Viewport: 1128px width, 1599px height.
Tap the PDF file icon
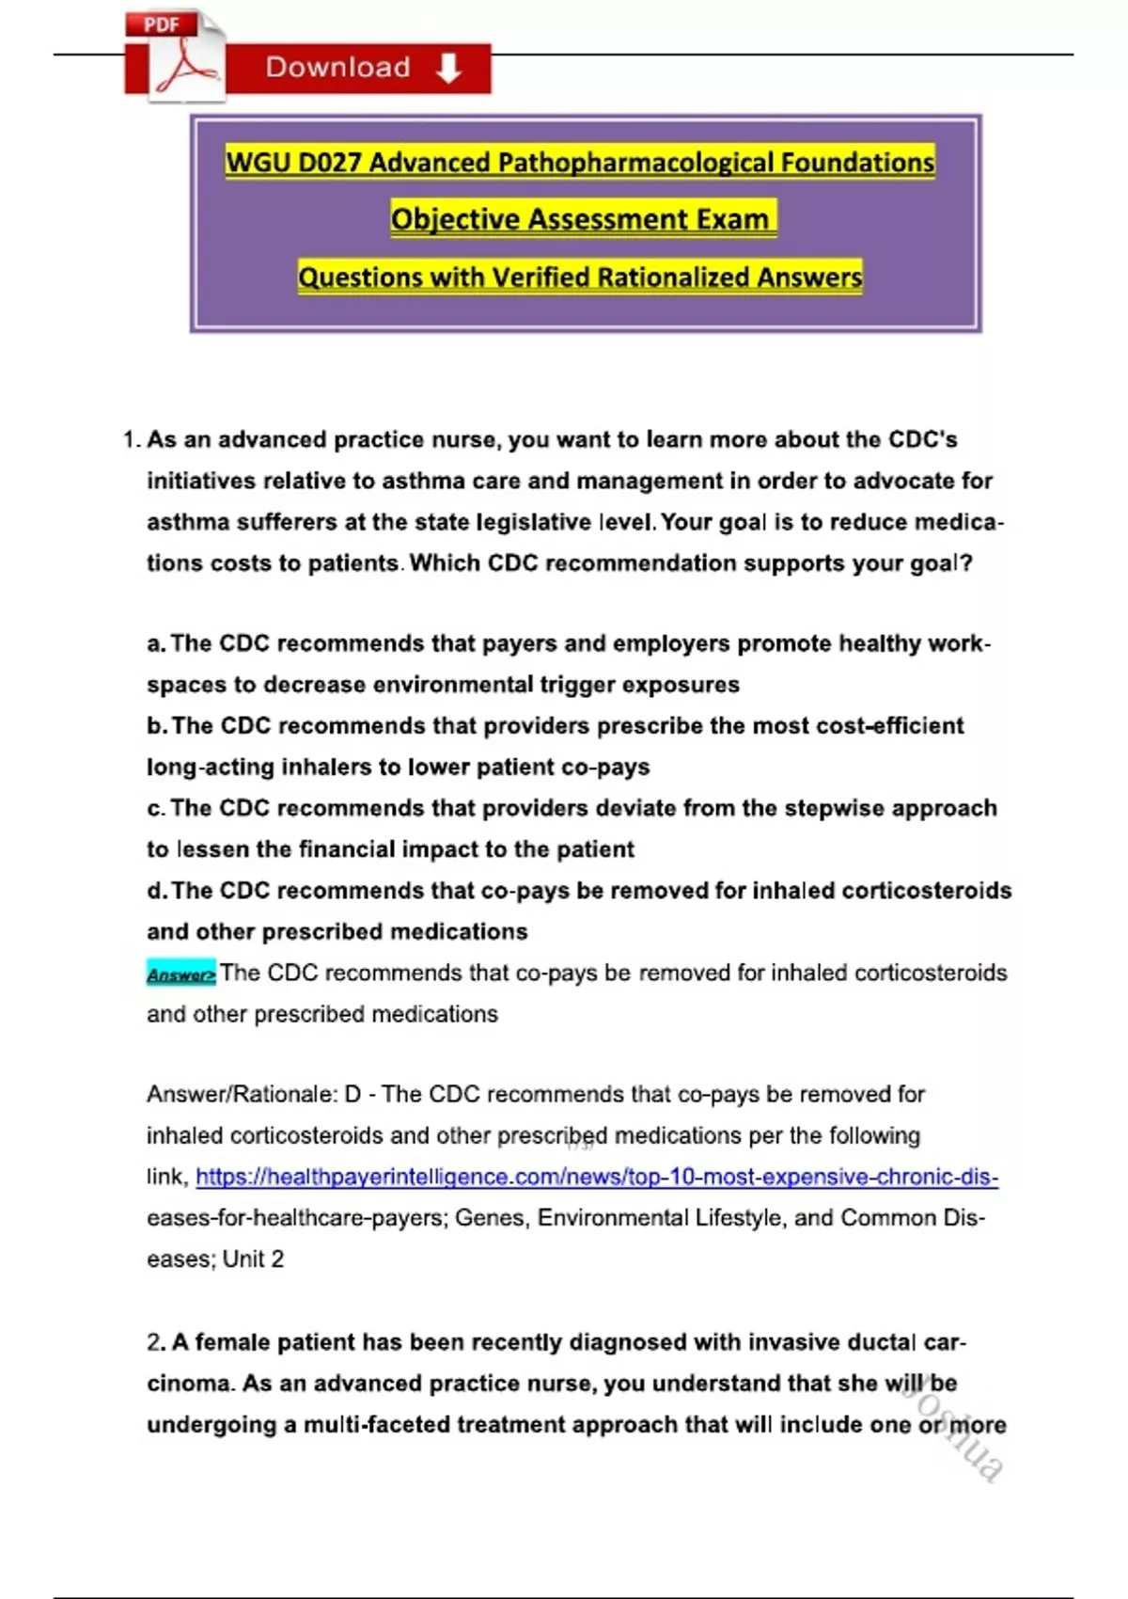tap(176, 56)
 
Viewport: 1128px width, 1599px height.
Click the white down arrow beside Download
tap(449, 68)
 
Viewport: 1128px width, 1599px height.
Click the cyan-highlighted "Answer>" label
tap(180, 974)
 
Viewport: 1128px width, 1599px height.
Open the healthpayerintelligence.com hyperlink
tap(596, 1177)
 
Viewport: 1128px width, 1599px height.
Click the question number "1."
tap(132, 439)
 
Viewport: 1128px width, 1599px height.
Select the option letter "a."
tap(156, 643)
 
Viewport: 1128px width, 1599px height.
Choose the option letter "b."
tap(157, 726)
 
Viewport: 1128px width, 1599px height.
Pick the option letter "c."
tap(156, 809)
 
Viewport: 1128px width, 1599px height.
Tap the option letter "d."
tap(157, 891)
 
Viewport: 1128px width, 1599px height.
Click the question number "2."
tap(156, 1342)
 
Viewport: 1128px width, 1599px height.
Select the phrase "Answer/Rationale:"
tap(242, 1095)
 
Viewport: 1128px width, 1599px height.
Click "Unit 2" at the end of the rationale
tap(253, 1259)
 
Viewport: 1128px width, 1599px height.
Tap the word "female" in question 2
tap(232, 1342)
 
